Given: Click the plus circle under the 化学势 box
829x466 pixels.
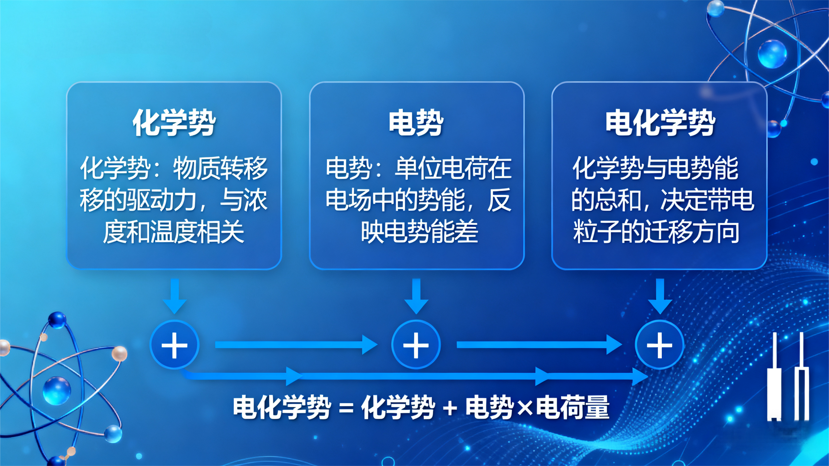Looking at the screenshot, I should coord(174,345).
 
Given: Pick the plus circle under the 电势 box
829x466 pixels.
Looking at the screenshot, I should coord(416,345).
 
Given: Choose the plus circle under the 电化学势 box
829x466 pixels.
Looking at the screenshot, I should coord(659,345).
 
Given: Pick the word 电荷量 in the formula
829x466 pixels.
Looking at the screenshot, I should coord(573,408).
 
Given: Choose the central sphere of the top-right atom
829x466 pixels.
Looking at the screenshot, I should coord(772,54).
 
